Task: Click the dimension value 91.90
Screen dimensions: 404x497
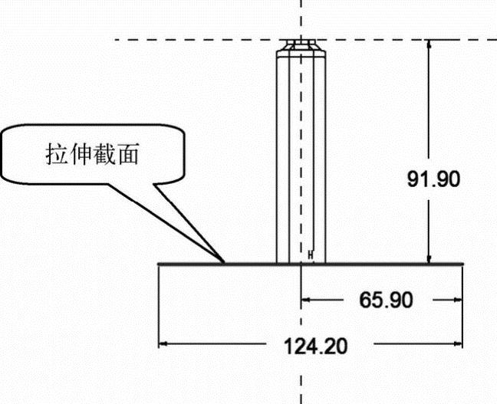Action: pyautogui.click(x=433, y=179)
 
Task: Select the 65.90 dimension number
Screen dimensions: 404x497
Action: pyautogui.click(x=386, y=300)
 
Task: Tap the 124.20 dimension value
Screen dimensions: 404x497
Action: pyautogui.click(x=316, y=346)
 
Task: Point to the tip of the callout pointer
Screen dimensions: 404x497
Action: pyautogui.click(x=224, y=262)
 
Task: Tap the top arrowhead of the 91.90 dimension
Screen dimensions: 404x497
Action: pyautogui.click(x=430, y=44)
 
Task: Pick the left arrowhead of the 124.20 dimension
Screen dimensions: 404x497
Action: pyautogui.click(x=163, y=344)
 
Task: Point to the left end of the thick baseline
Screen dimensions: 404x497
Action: pyautogui.click(x=159, y=264)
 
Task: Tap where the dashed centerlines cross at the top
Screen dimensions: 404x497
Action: pyautogui.click(x=301, y=40)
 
